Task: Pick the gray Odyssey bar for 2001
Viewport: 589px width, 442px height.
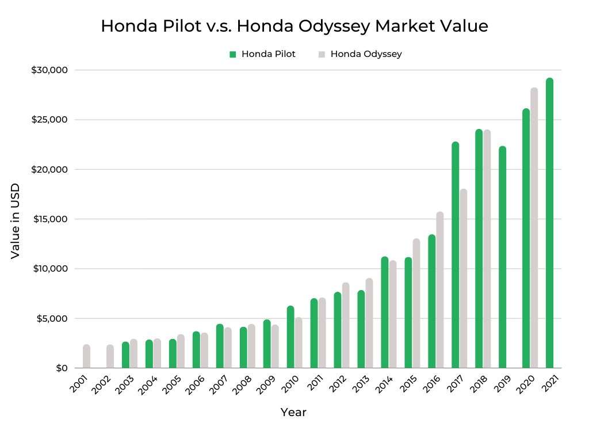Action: (86, 356)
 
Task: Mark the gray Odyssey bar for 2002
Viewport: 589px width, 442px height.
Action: (110, 356)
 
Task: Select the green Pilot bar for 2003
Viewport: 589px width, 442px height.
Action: (125, 355)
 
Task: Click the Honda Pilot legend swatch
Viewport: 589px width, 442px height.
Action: (233, 54)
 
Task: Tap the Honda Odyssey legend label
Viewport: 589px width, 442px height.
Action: (366, 54)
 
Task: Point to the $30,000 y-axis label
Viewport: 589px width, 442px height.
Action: (49, 70)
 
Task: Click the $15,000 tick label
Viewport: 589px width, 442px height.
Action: (49, 219)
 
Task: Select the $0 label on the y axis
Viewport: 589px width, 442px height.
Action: (62, 368)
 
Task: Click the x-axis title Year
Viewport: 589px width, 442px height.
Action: (293, 412)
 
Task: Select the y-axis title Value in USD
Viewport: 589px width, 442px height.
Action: (16, 220)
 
